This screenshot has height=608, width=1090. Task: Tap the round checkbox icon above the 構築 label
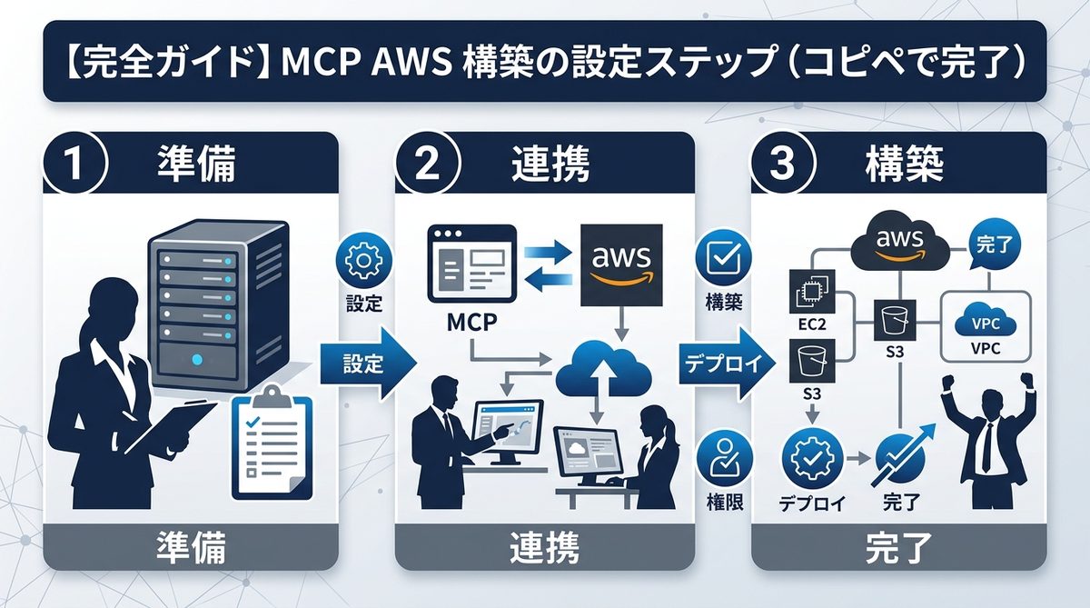(x=724, y=260)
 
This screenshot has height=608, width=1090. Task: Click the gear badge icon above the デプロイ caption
(x=808, y=460)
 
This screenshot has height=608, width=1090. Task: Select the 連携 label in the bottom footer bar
(x=545, y=549)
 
